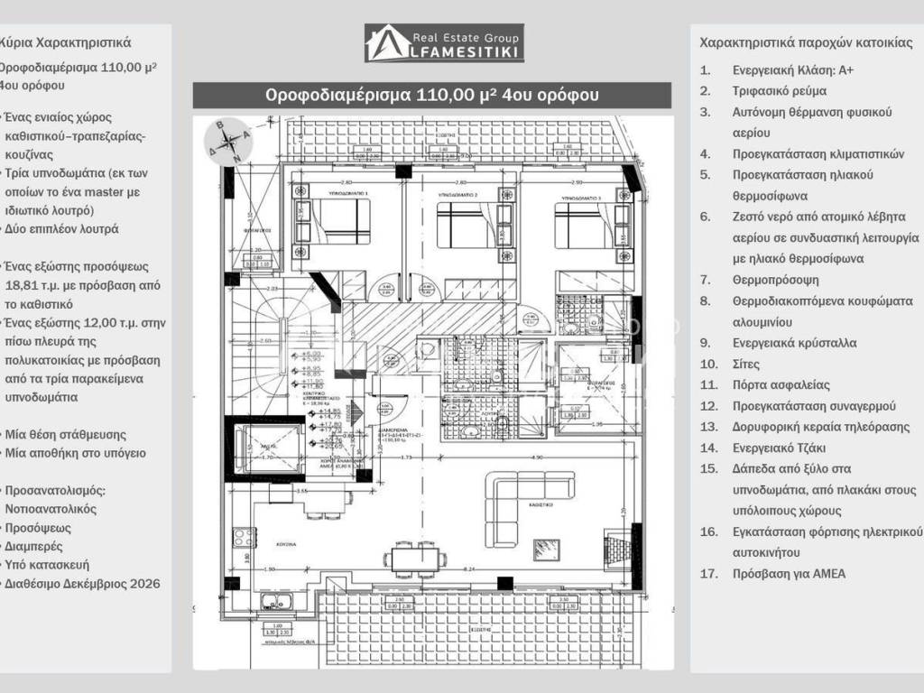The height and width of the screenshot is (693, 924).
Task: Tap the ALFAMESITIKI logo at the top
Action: pos(444,43)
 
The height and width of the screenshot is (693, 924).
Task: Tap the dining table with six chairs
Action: pos(416,559)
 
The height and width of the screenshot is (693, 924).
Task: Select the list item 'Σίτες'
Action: pos(746,364)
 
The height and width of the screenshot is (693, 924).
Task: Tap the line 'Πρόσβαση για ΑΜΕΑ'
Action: pos(789,573)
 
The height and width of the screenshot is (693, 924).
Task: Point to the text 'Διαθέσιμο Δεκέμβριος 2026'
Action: pos(82,584)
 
